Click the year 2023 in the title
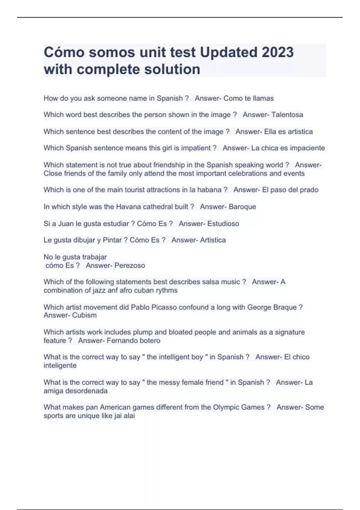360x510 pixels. [277, 52]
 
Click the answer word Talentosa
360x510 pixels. [287, 115]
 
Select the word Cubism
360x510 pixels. [84, 315]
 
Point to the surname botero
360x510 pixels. [150, 340]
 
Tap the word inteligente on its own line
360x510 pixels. [60, 365]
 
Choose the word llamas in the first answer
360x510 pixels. [263, 98]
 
